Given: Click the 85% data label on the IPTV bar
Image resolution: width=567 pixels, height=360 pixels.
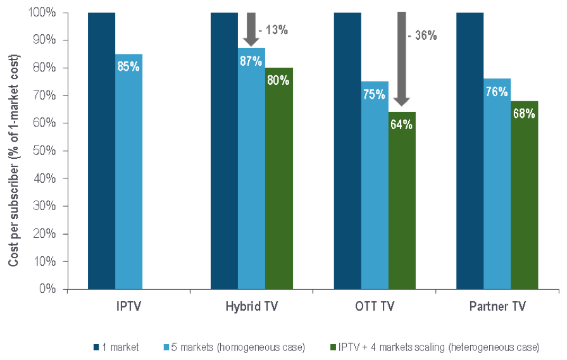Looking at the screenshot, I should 128,65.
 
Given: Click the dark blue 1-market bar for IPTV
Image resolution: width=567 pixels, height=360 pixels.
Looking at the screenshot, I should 101,152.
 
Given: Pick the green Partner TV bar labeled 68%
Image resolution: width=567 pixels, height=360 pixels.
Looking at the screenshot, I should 525,202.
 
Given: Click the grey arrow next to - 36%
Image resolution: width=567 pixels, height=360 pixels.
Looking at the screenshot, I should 402,60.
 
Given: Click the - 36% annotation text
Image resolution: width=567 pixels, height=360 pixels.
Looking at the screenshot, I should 422,35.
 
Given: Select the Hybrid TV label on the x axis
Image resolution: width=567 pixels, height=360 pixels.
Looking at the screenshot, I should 251,307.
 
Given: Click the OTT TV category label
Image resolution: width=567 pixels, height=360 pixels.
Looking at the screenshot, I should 374,307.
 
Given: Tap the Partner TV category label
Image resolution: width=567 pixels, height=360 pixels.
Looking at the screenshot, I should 497,307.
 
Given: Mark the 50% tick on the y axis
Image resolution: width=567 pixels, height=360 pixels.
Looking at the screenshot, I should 49,151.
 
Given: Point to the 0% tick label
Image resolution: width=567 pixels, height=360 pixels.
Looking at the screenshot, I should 51,289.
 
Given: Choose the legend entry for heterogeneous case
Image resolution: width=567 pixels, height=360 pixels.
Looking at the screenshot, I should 434,347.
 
